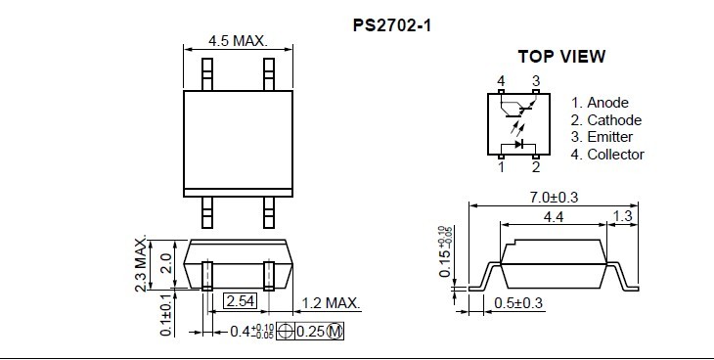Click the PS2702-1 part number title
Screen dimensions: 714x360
[391, 25]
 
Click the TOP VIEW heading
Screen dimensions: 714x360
[562, 57]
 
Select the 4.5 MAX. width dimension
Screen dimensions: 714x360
[238, 40]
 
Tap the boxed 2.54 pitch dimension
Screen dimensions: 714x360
[240, 301]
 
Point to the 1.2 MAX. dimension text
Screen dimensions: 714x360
[331, 303]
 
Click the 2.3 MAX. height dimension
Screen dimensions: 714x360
[141, 263]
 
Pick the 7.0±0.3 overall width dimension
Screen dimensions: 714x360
[554, 198]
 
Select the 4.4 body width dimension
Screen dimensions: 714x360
[554, 217]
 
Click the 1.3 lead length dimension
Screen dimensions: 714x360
[623, 215]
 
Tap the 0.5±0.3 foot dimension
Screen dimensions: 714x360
[518, 303]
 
